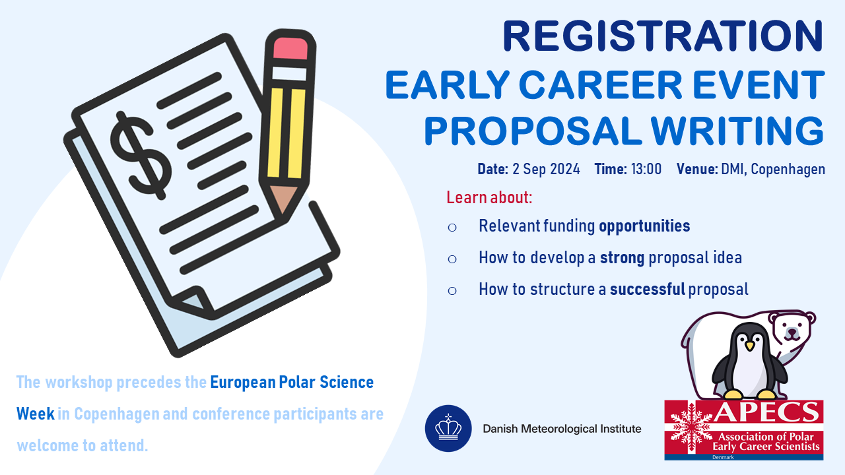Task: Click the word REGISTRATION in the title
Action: [x=663, y=36]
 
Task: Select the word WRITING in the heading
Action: [x=737, y=131]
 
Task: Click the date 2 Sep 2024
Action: [x=546, y=169]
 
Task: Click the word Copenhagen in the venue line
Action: [x=788, y=170]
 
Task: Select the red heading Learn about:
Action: [x=489, y=197]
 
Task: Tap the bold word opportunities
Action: [x=644, y=226]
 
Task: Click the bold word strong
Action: [x=622, y=259]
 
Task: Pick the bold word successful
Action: [x=648, y=289]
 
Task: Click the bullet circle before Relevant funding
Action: [x=452, y=228]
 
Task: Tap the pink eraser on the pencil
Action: [x=290, y=48]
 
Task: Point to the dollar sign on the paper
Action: [x=141, y=155]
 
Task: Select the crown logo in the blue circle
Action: [x=448, y=428]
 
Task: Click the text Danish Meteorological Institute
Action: [x=562, y=429]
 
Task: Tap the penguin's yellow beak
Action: [x=749, y=345]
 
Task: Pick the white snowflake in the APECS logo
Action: [x=691, y=428]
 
